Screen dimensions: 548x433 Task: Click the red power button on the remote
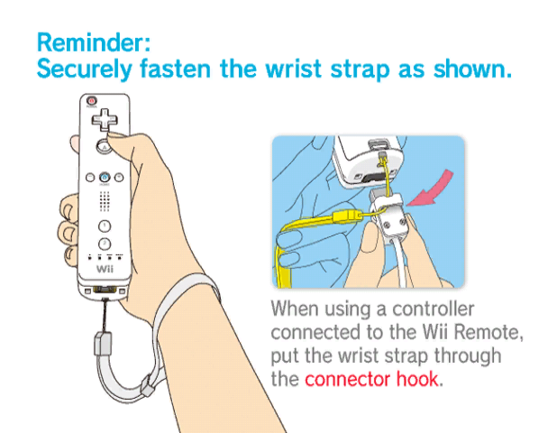point(92,101)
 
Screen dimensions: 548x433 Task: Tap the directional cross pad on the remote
point(105,120)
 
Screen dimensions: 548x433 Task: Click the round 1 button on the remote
point(105,226)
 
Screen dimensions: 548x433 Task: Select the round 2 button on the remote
point(105,244)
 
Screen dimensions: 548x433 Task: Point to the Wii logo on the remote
point(105,269)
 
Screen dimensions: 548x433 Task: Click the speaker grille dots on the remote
point(105,201)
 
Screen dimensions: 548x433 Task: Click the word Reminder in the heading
point(94,42)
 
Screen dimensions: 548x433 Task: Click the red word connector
point(347,379)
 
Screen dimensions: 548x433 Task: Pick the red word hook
point(416,379)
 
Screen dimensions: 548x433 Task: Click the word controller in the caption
point(433,309)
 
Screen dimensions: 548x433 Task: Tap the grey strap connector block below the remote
point(103,344)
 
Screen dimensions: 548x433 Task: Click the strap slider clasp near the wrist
point(148,385)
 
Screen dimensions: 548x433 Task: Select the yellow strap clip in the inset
point(348,216)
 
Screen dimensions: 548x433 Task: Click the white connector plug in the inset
point(389,216)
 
